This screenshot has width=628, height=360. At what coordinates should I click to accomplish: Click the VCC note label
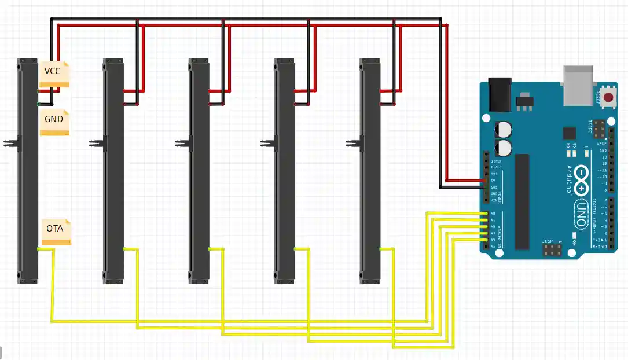tap(54, 74)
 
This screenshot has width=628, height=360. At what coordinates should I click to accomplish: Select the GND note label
tap(54, 122)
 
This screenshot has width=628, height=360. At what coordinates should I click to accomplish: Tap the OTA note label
tap(56, 231)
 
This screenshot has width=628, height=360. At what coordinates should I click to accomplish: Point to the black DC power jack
tap(500, 94)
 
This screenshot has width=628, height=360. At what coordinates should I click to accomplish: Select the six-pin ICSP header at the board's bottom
tap(552, 250)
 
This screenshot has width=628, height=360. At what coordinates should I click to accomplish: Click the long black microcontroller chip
tap(523, 202)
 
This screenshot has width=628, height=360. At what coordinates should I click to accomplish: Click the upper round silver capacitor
tap(503, 129)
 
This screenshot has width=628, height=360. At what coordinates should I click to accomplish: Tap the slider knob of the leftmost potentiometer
tap(10, 142)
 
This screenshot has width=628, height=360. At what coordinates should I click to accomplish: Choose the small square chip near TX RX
tap(570, 133)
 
